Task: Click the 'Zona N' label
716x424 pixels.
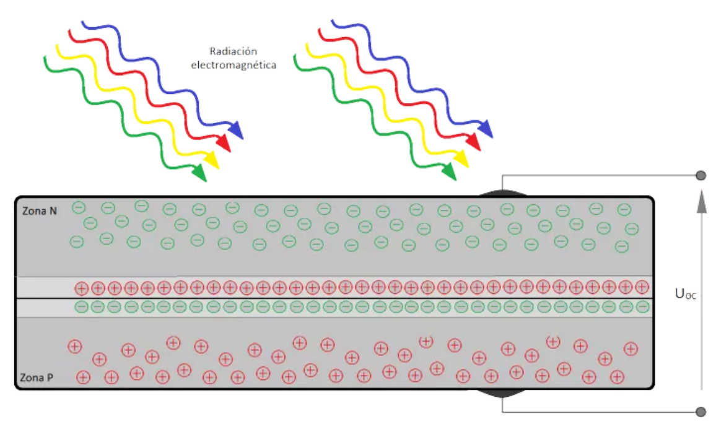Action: [40, 212]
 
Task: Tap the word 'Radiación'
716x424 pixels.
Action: [233, 51]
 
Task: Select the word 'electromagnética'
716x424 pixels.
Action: [234, 64]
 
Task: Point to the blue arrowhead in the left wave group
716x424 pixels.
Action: [236, 129]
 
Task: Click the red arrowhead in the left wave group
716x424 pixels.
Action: [224, 144]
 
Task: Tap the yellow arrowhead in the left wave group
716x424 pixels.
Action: [212, 160]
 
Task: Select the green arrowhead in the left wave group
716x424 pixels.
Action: [199, 174]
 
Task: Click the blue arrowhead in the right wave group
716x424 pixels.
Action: [486, 128]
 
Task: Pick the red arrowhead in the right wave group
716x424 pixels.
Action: [473, 142]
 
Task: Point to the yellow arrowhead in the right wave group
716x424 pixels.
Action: [461, 158]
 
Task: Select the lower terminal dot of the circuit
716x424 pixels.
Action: [701, 412]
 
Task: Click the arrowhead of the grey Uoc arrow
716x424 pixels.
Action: [701, 201]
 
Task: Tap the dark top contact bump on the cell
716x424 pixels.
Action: [503, 194]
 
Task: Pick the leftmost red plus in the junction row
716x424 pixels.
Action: [81, 288]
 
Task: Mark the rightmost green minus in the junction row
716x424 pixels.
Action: [642, 306]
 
